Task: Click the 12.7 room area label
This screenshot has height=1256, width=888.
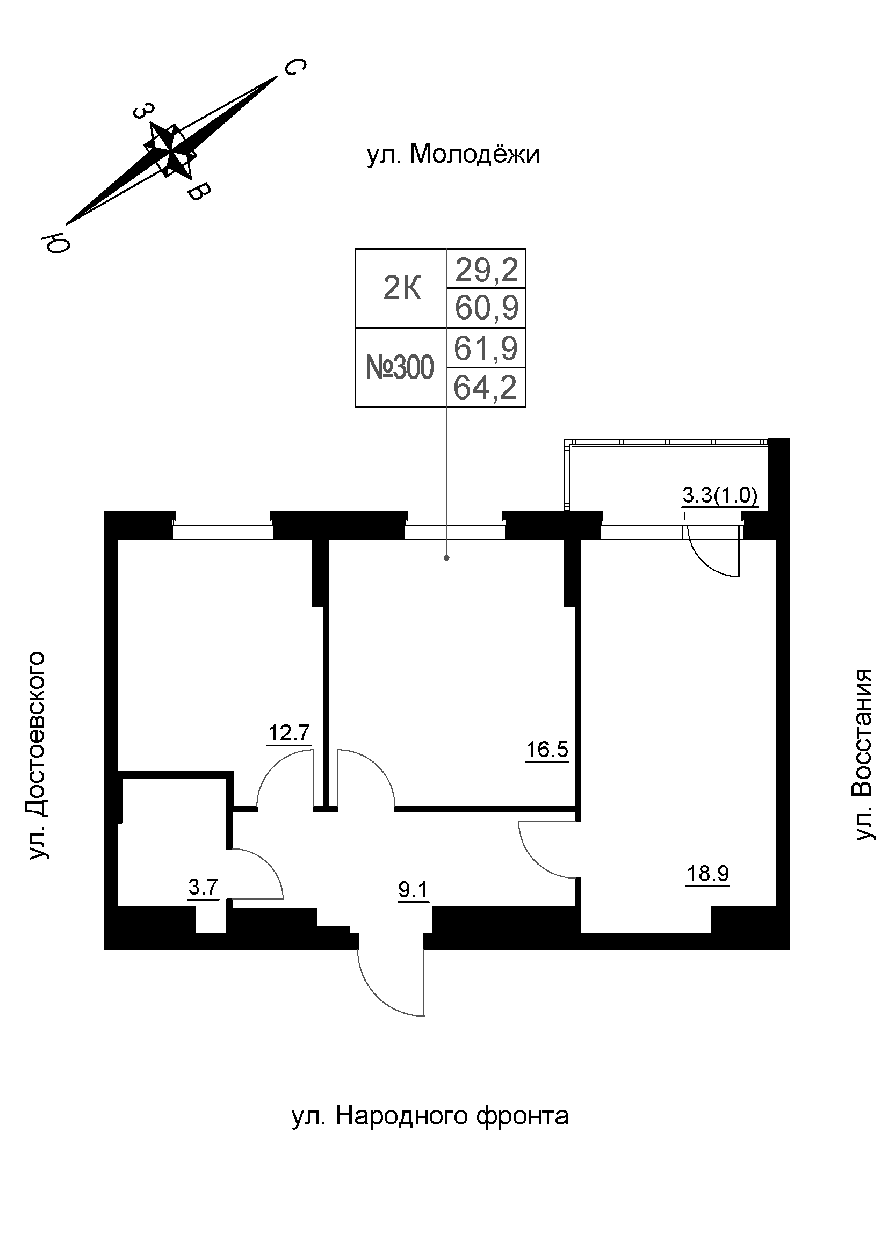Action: tap(290, 732)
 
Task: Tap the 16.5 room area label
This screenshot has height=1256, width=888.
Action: tap(547, 750)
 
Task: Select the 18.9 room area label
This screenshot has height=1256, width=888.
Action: tap(707, 874)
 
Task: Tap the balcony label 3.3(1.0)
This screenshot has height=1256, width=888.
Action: tap(719, 496)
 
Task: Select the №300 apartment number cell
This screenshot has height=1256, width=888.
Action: tap(400, 368)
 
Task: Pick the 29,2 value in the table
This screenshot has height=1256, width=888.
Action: tap(486, 270)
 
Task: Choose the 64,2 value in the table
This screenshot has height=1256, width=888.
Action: tap(486, 388)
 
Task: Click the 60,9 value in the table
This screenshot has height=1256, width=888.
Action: tap(486, 309)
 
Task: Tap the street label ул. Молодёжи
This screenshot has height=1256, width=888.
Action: tap(453, 155)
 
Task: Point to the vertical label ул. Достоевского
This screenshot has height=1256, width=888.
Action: tap(38, 755)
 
